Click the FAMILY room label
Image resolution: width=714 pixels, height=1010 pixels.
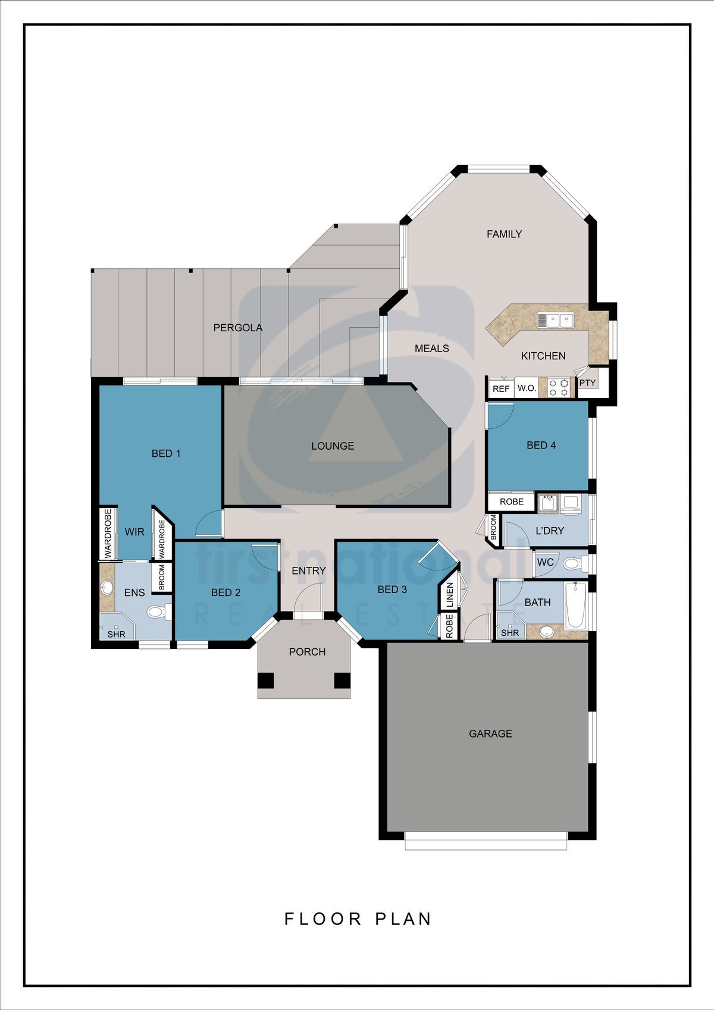point(504,234)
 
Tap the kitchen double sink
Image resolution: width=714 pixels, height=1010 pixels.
point(555,321)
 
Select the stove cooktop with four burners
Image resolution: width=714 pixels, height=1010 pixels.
point(558,387)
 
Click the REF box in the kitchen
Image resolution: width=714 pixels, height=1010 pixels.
point(500,388)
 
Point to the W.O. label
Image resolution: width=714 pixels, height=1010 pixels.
point(527,388)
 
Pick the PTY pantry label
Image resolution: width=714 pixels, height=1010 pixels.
point(587,383)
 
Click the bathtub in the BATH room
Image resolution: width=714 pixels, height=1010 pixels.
point(575,606)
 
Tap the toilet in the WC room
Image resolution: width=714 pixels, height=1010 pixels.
point(575,563)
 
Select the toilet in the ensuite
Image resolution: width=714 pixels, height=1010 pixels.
point(159,612)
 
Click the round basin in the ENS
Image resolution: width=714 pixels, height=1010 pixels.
point(107,588)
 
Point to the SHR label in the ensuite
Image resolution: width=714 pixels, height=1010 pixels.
point(116,634)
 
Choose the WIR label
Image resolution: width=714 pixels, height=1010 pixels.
point(134,532)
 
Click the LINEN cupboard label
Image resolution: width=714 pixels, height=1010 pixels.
point(449,595)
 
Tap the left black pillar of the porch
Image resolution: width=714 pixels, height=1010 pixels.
point(265,680)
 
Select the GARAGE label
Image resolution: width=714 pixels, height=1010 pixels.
point(490,733)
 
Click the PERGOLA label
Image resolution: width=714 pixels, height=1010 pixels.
point(237,328)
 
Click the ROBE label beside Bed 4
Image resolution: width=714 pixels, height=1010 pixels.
point(512,502)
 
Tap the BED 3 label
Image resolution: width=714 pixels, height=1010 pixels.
point(392,589)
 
